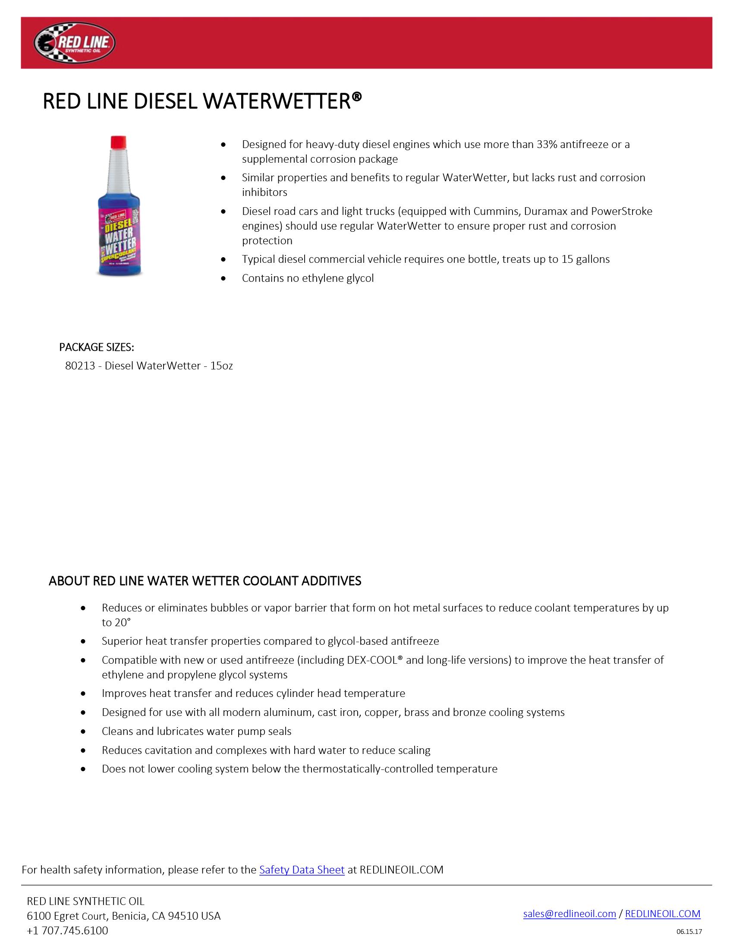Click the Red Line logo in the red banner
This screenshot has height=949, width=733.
(74, 44)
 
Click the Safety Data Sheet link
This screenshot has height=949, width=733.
(302, 870)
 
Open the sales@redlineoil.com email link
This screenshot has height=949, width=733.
(569, 913)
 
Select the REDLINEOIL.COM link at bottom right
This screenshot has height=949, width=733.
(662, 913)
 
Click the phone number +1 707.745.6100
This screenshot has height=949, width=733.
(67, 930)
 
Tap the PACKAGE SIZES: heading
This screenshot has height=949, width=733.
(97, 347)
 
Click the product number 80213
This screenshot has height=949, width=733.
(80, 366)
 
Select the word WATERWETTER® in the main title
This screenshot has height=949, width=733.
(282, 102)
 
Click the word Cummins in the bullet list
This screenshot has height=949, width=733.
(496, 211)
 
